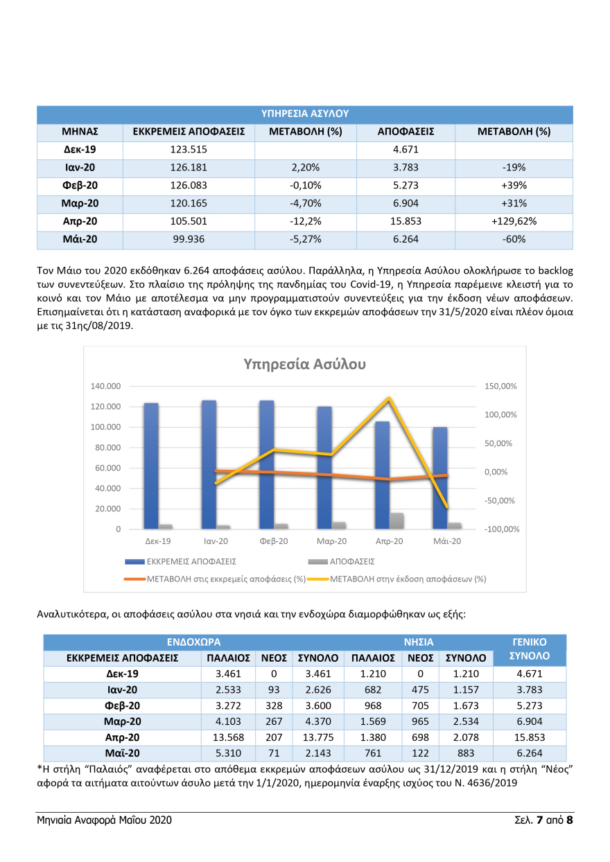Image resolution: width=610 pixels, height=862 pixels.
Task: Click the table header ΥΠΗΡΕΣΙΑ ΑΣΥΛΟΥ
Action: [305, 114]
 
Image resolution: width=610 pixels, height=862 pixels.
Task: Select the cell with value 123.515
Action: [189, 150]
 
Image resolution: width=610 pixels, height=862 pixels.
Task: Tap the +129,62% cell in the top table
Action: [514, 222]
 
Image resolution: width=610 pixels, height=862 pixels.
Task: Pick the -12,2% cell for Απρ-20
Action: [305, 222]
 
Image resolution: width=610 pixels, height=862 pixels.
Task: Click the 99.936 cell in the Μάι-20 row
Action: [189, 240]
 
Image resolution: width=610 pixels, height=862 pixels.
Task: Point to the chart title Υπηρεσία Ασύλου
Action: [304, 364]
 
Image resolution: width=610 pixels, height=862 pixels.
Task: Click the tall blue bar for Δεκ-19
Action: [151, 464]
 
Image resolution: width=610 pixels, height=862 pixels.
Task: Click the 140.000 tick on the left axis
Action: [106, 386]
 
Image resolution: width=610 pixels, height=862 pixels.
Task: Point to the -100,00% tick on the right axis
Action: [500, 529]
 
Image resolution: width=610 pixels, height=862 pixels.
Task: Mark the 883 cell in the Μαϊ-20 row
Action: [465, 753]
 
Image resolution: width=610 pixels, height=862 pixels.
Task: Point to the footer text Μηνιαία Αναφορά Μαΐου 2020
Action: [105, 820]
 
